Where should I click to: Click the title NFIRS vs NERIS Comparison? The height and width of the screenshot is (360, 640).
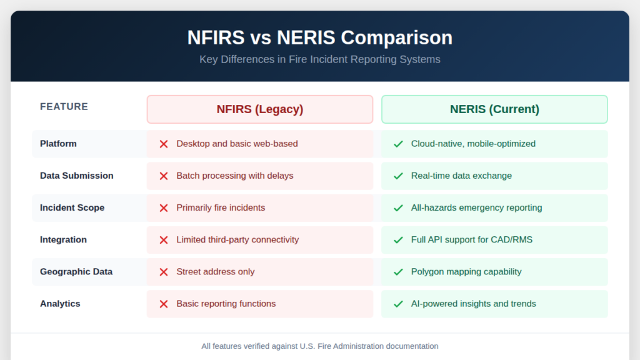pyautogui.click(x=320, y=37)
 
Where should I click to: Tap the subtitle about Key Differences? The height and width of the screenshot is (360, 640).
pyautogui.click(x=320, y=59)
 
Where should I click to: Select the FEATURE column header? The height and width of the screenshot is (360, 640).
pyautogui.click(x=64, y=107)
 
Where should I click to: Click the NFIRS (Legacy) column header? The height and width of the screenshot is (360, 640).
pyautogui.click(x=259, y=109)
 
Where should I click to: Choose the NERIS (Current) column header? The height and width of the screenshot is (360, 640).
pyautogui.click(x=494, y=109)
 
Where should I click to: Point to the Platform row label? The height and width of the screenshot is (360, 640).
pyautogui.click(x=58, y=144)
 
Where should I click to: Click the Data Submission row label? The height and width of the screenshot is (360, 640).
pyautogui.click(x=76, y=176)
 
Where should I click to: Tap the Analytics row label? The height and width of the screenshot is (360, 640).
pyautogui.click(x=60, y=304)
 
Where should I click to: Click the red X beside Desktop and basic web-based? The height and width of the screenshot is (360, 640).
pyautogui.click(x=164, y=144)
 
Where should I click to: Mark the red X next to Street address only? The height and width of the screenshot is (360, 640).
pyautogui.click(x=164, y=272)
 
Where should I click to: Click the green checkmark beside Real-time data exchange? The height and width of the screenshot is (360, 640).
pyautogui.click(x=398, y=176)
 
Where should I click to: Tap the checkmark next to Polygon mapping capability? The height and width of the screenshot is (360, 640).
pyautogui.click(x=398, y=272)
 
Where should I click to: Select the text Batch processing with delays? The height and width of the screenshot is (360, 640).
pyautogui.click(x=234, y=176)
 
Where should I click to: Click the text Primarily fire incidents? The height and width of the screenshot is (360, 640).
pyautogui.click(x=221, y=207)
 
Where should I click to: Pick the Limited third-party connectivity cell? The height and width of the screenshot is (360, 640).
pyautogui.click(x=237, y=239)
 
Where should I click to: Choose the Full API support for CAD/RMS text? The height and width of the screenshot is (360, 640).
pyautogui.click(x=471, y=239)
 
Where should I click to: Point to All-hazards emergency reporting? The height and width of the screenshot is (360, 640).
pyautogui.click(x=476, y=207)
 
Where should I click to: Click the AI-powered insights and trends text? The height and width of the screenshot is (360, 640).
pyautogui.click(x=473, y=304)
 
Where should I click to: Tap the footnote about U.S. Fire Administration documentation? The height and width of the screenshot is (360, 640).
pyautogui.click(x=320, y=346)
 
